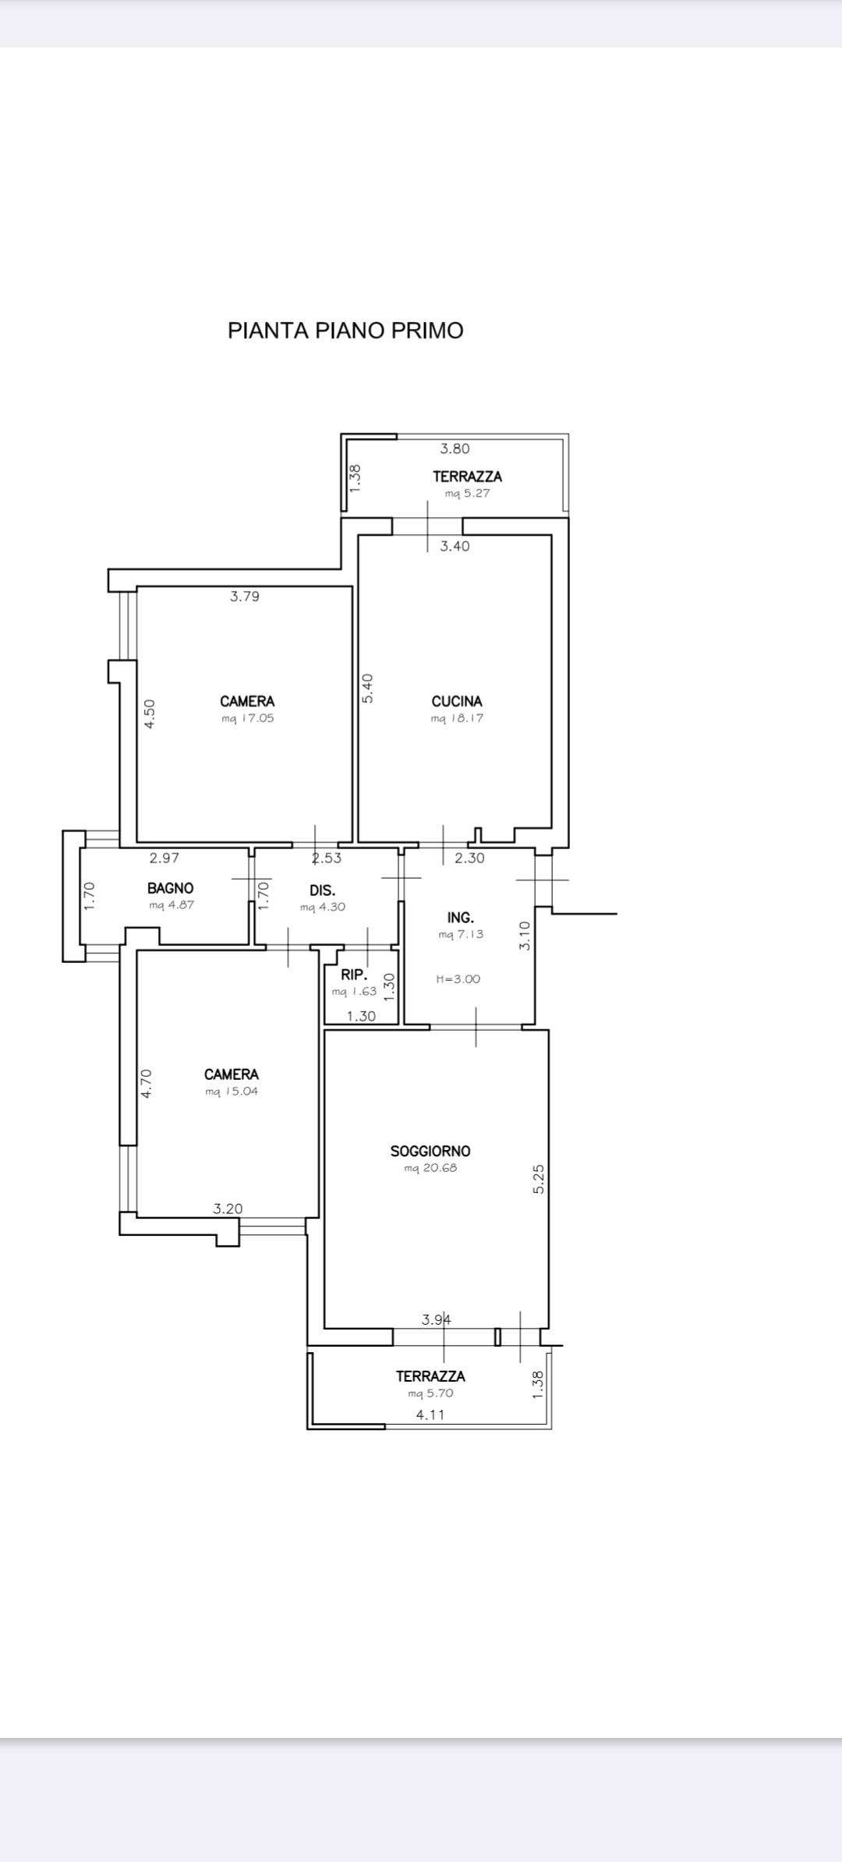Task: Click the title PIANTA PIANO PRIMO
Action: pyautogui.click(x=345, y=331)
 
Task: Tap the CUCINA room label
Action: pyautogui.click(x=457, y=701)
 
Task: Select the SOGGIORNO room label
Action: pyautogui.click(x=430, y=1151)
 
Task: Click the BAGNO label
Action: pyautogui.click(x=171, y=888)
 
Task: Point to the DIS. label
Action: pyautogui.click(x=323, y=890)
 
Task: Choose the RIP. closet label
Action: pyautogui.click(x=354, y=975)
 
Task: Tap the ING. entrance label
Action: pyautogui.click(x=461, y=918)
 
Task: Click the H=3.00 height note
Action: pyautogui.click(x=458, y=979)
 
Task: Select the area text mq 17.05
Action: pyautogui.click(x=248, y=719)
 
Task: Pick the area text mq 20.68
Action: pyautogui.click(x=430, y=1168)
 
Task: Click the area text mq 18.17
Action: pyautogui.click(x=457, y=719)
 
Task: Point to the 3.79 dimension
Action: pyautogui.click(x=245, y=596)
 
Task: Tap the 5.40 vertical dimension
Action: pyautogui.click(x=368, y=689)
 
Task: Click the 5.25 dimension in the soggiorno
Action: pyautogui.click(x=539, y=1179)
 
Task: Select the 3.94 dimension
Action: pyautogui.click(x=437, y=1320)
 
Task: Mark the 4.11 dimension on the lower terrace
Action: pyautogui.click(x=430, y=1414)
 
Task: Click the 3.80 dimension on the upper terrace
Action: pyautogui.click(x=455, y=448)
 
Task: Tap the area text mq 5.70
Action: pyautogui.click(x=430, y=1393)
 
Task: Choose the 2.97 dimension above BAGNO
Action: pyautogui.click(x=165, y=858)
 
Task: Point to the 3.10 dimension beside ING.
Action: pyautogui.click(x=525, y=936)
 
